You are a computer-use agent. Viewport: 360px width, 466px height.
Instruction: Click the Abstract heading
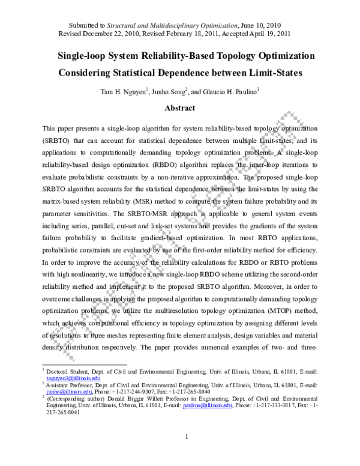click(x=180, y=108)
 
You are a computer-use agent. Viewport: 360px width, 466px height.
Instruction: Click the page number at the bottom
click(x=187, y=453)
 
